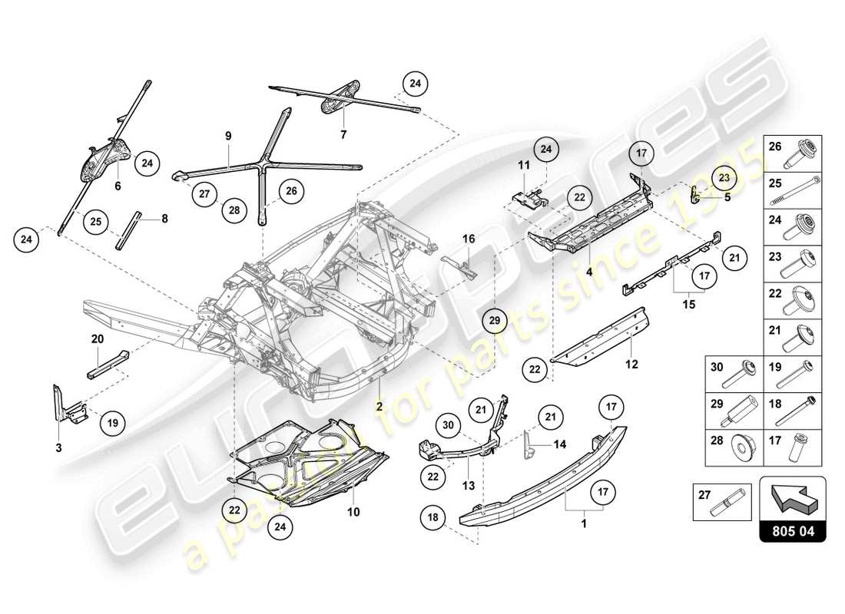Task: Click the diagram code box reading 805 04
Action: tap(793, 530)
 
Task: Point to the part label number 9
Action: tap(228, 136)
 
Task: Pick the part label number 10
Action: tap(354, 510)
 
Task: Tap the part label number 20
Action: tap(97, 338)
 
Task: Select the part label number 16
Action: tap(469, 239)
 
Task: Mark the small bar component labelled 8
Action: tap(127, 230)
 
